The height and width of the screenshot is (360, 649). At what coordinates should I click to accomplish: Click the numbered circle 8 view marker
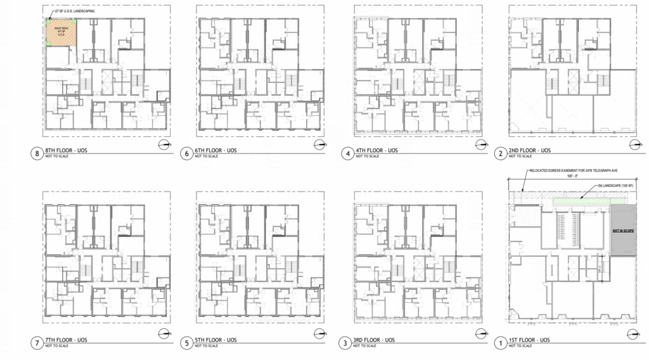coord(37,153)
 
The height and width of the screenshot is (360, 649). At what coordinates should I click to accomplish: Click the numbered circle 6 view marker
coord(186,153)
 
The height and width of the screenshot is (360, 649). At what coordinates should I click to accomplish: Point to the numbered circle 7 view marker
coord(37,344)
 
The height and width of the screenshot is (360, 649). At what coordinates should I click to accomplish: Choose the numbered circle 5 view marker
coord(186,344)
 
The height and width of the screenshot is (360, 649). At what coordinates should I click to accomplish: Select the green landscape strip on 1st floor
coord(581,201)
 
